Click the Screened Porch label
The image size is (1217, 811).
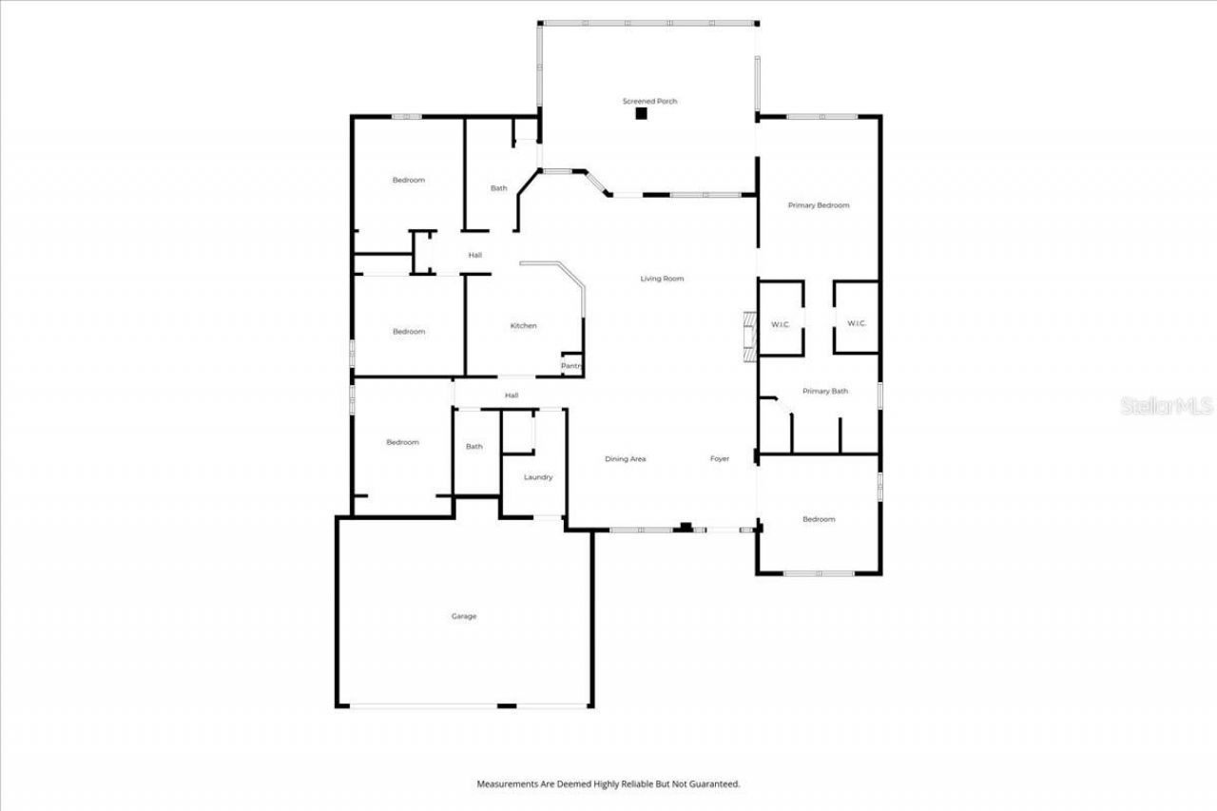(x=649, y=101)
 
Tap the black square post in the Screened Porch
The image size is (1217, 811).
(x=641, y=114)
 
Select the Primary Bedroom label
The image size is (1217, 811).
(x=818, y=205)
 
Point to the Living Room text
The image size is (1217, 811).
(x=662, y=279)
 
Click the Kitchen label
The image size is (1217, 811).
(x=523, y=326)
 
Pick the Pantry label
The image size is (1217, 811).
(x=570, y=366)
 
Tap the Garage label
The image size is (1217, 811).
(x=463, y=616)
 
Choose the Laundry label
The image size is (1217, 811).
(x=537, y=477)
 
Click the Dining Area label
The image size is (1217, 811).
(x=625, y=459)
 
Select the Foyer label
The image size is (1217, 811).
(x=720, y=459)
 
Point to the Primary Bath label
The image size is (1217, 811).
(x=824, y=391)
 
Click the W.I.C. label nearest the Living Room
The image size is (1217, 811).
(x=780, y=324)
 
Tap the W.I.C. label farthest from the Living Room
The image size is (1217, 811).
(x=856, y=323)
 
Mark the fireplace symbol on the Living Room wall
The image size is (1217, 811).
(x=748, y=335)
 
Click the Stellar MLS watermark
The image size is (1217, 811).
(x=1167, y=406)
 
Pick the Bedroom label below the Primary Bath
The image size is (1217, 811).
(x=818, y=519)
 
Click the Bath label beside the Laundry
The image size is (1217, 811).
(x=473, y=447)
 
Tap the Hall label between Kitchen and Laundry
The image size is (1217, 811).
(x=512, y=396)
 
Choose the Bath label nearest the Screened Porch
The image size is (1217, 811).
(x=498, y=188)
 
